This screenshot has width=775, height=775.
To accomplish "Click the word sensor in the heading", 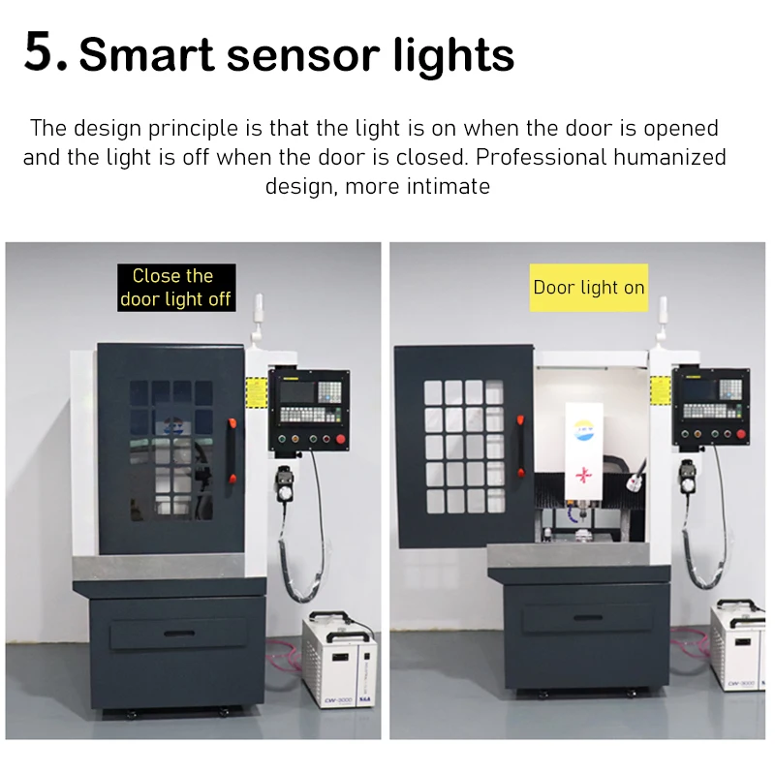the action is pos(303,55).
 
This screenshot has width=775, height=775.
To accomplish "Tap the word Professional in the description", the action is pos(541,157).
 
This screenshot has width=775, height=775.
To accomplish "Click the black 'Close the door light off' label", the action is pos(176,287).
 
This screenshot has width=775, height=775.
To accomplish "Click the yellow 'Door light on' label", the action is pos(589,287).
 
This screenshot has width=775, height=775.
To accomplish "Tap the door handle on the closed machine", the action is pos(232,450).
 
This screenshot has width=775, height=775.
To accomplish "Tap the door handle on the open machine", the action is pos(520,446).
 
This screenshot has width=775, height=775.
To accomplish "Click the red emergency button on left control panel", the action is pos(341,439).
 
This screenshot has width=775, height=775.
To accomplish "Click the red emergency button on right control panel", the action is pos(740,434).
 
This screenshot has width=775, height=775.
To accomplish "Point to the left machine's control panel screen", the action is pos(297,392).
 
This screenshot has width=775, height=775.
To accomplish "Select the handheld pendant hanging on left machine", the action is pos(285,483).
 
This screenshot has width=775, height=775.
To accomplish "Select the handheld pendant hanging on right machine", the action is pos(687,477).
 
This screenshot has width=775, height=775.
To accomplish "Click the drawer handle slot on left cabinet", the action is pos(179,634).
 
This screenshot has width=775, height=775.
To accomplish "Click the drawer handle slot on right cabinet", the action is pos(588,617).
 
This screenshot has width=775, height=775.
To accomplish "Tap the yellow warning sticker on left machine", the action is pos(256,392).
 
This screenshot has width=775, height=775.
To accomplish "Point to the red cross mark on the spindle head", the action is pos(584,475).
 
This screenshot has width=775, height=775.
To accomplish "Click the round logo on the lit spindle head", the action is pos(584,429).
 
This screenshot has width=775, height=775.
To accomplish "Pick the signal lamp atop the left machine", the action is pos(258,318).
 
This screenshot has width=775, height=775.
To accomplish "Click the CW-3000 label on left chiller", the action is pos(338,699).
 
